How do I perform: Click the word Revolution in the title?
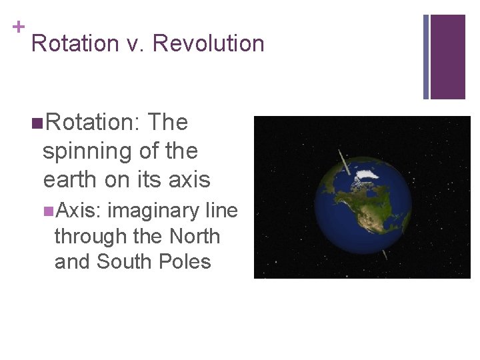tap(208, 43)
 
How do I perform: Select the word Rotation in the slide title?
tap(74, 43)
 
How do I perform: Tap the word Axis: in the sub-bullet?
tap(78, 211)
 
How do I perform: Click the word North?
tap(195, 236)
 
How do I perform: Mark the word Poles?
tap(185, 261)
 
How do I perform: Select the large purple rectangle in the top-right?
tap(448, 57)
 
